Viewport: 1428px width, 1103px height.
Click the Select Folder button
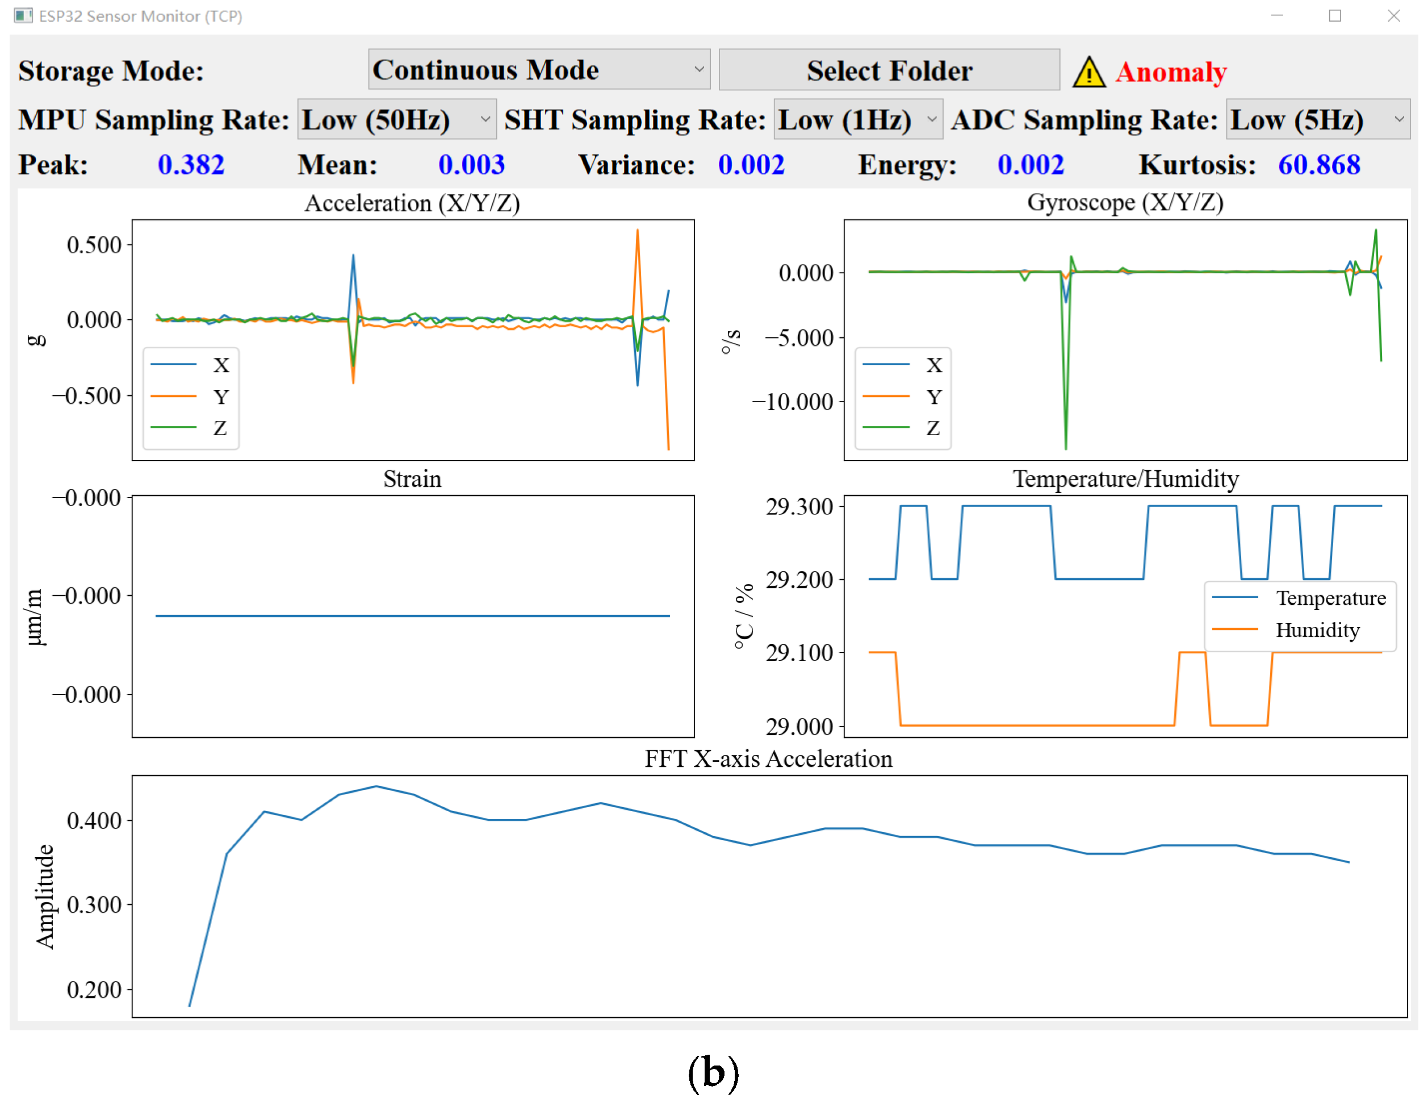(x=889, y=70)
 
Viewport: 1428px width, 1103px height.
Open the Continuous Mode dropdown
(x=539, y=69)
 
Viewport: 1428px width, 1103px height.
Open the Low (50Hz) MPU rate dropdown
(x=396, y=119)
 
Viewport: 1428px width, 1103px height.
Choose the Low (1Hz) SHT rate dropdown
(x=857, y=119)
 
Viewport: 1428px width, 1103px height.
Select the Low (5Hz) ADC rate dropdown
(x=1317, y=119)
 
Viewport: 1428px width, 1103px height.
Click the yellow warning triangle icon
(x=1088, y=73)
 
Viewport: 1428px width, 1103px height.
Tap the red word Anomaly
(x=1170, y=72)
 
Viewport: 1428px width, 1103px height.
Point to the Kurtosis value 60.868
(x=1318, y=165)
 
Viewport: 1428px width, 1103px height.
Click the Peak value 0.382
(x=191, y=165)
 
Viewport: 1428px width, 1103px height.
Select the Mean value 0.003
(x=471, y=165)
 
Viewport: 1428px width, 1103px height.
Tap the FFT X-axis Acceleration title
(x=768, y=758)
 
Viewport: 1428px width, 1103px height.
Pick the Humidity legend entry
(x=1317, y=629)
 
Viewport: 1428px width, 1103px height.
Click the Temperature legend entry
(x=1330, y=598)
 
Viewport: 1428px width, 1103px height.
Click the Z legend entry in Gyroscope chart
(x=932, y=428)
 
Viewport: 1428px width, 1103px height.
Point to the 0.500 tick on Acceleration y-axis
(x=94, y=245)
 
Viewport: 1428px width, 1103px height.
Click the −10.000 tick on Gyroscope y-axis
(x=792, y=402)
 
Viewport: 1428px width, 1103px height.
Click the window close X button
(x=1393, y=16)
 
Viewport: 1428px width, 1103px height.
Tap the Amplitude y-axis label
(x=44, y=896)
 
